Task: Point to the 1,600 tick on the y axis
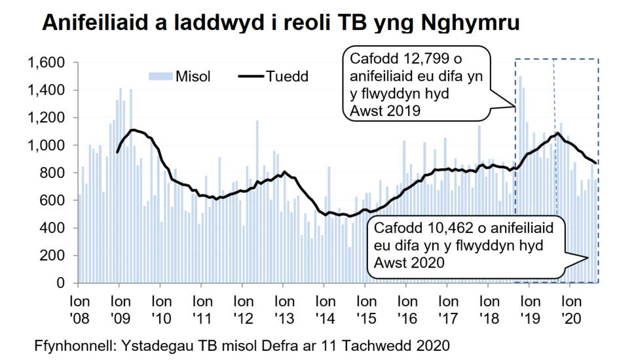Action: [45, 63]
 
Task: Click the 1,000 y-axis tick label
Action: [45, 145]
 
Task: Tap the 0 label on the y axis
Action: [64, 283]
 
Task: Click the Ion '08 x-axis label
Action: [78, 309]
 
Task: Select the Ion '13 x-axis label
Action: [284, 309]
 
